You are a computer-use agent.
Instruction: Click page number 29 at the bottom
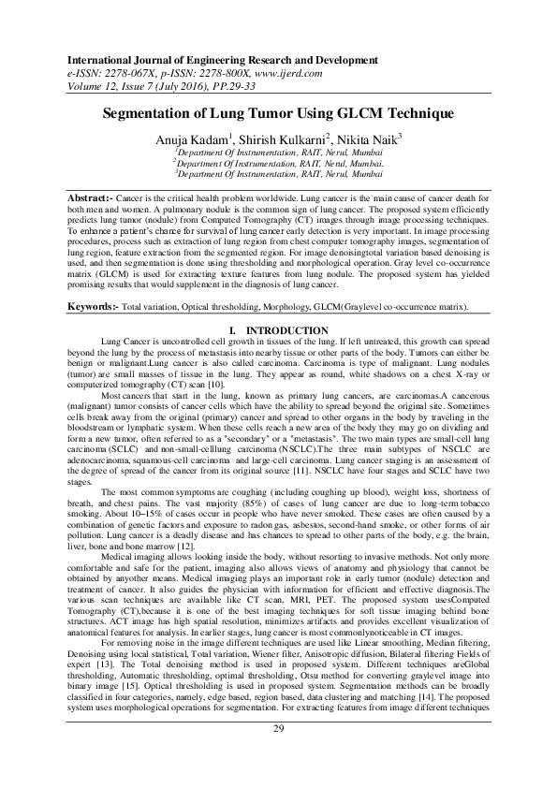click(x=278, y=754)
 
